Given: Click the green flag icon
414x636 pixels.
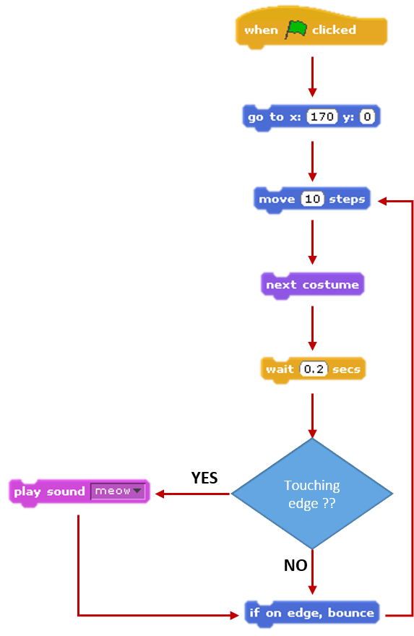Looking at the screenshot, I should [x=296, y=30].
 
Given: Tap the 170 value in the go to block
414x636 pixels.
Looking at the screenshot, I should [x=322, y=116].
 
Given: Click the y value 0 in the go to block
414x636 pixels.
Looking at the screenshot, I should [x=367, y=116].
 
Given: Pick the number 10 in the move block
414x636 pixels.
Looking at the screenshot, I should [x=312, y=199].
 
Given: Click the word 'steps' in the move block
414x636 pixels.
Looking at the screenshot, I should [x=347, y=199].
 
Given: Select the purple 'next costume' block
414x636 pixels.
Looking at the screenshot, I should [x=312, y=285].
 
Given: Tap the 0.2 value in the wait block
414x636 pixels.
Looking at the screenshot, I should [x=314, y=369].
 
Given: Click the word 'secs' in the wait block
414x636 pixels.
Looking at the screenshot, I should [x=346, y=369].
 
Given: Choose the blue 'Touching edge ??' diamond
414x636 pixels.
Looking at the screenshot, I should [x=312, y=494].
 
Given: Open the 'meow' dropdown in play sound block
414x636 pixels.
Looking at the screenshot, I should [x=118, y=491].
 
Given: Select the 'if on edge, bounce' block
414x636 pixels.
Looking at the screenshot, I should [x=311, y=613].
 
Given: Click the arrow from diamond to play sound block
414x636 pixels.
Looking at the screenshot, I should [x=192, y=494].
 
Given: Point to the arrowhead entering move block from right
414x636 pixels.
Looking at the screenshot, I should [x=381, y=199].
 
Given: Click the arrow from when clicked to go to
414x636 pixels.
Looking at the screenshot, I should [x=312, y=76].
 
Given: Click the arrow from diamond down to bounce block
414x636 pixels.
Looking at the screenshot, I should [x=312, y=572].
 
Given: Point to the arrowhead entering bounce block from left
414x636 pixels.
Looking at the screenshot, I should [x=234, y=615].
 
